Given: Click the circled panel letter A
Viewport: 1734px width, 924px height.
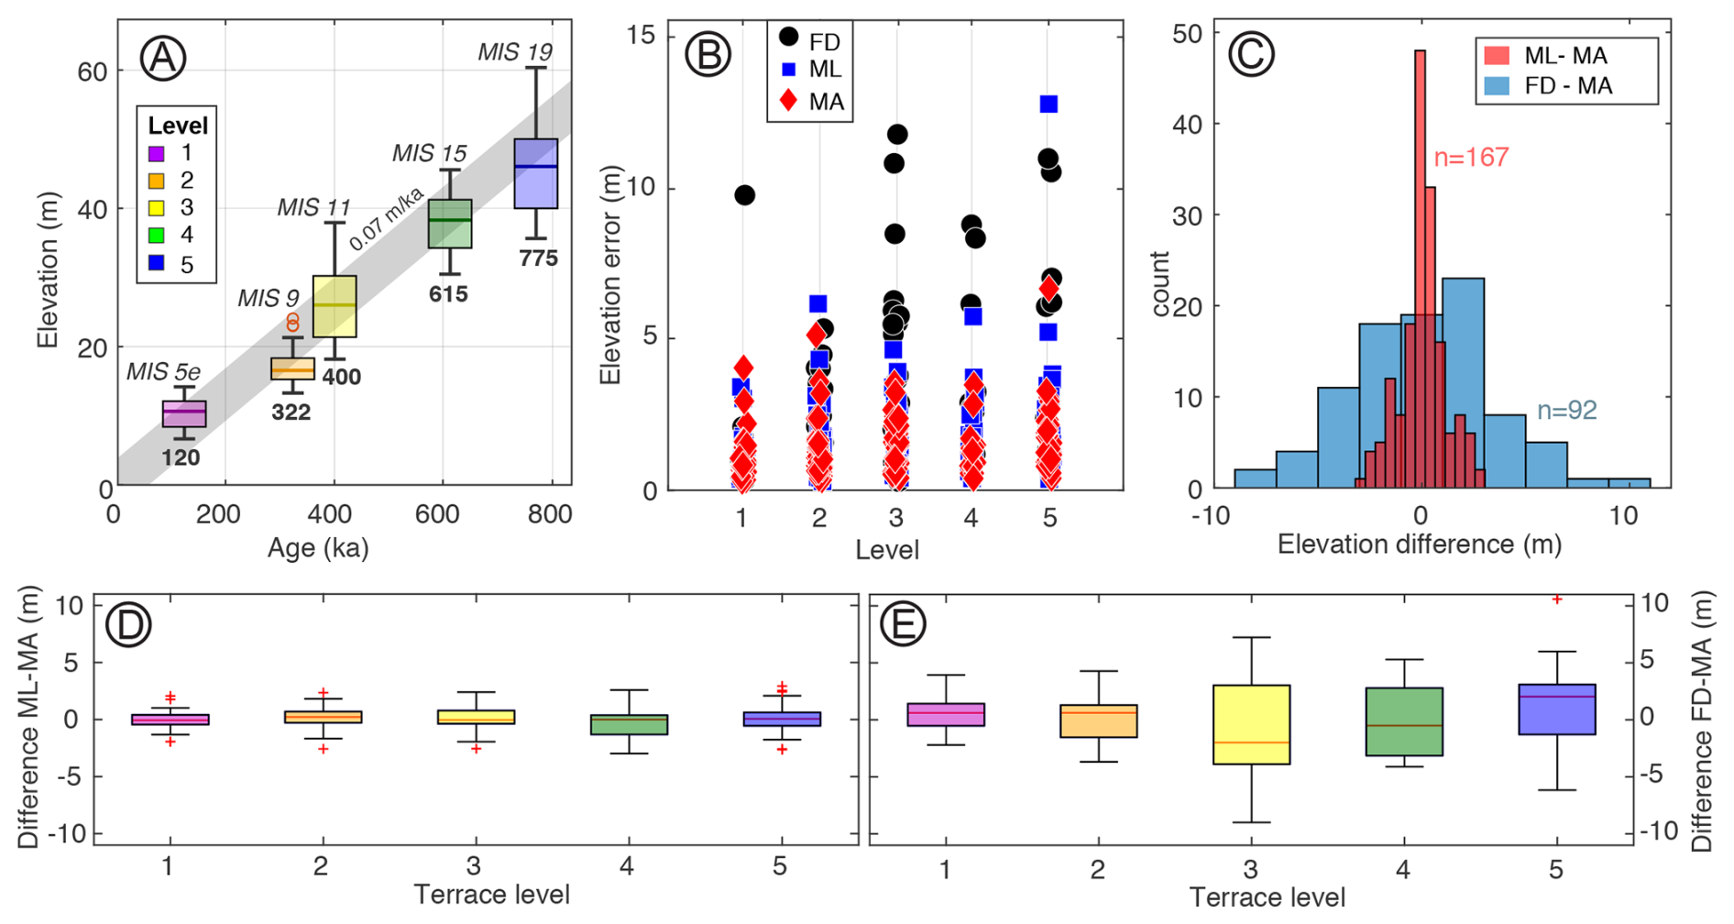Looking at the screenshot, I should pos(162,59).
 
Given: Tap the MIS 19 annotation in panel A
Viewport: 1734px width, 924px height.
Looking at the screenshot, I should pos(515,52).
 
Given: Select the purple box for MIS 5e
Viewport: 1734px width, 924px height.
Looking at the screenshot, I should pos(184,414).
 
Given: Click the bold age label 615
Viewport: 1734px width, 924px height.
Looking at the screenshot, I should pos(448,294).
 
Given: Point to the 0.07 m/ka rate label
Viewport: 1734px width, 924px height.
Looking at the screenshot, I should pos(387,219).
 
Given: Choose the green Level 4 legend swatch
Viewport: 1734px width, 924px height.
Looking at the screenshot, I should pos(157,236).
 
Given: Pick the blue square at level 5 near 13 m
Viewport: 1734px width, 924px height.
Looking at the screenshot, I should pos(1048,104).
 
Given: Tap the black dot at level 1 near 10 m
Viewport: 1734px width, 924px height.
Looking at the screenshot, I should pos(744,195).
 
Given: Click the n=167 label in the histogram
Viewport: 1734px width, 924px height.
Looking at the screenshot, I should pos(1471,158).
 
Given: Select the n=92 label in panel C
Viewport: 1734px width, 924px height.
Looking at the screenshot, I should pos(1566,411).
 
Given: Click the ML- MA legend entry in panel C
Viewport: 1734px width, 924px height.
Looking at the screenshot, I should pos(1549,56).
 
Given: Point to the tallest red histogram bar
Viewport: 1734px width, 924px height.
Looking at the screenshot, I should pos(1421,266).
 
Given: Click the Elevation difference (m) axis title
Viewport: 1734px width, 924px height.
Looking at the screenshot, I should pos(1419,544).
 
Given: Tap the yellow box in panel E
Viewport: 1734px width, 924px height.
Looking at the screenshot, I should pos(1251,724).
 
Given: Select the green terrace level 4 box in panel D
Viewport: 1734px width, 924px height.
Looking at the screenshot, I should pos(629,724).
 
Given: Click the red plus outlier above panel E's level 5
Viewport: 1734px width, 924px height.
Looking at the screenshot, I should pos(1556,599).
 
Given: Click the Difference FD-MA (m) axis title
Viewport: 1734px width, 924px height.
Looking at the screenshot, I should pos(1703,723).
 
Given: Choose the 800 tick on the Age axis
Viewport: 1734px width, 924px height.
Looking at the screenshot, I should pos(550,514).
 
